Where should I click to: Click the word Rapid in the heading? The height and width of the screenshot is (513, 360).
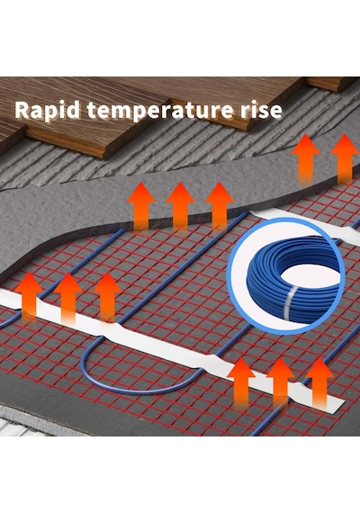(x=48, y=111)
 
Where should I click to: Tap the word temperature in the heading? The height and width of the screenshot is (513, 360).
(x=157, y=112)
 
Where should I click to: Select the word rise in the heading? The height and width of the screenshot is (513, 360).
(x=258, y=111)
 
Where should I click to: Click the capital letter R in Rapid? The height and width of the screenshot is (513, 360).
(x=22, y=110)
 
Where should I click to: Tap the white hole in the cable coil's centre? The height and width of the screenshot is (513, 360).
(x=310, y=274)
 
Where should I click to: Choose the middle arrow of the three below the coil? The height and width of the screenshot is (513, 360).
(x=281, y=382)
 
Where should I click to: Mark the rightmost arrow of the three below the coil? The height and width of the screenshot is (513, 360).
(x=319, y=382)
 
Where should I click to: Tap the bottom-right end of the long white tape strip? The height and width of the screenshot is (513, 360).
(x=340, y=405)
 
